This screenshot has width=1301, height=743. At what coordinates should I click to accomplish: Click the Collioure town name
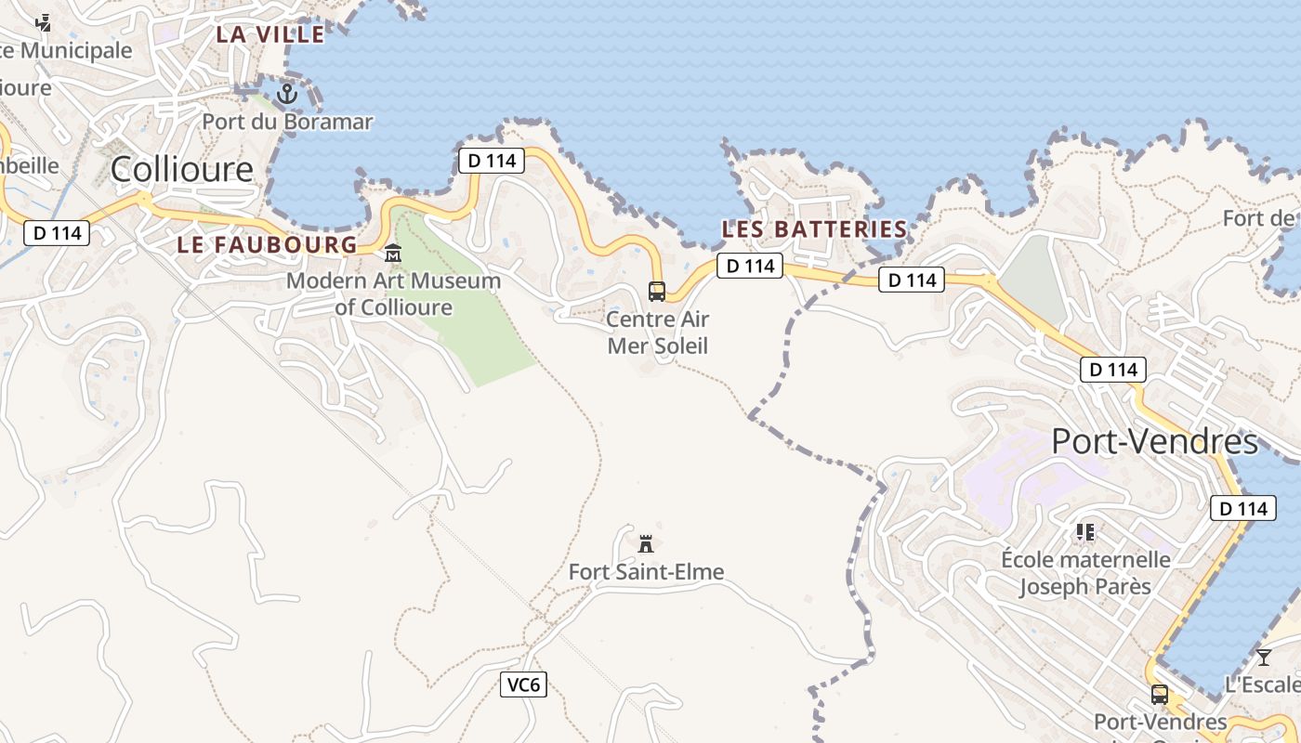(x=181, y=169)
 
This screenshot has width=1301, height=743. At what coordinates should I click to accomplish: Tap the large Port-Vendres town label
(x=1154, y=441)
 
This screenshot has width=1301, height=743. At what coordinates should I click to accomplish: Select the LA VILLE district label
(x=270, y=34)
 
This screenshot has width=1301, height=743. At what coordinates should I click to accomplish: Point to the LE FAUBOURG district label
(x=267, y=245)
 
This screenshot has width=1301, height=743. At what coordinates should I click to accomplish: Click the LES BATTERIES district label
(x=814, y=228)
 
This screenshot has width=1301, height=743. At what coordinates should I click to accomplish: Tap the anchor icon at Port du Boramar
(x=287, y=93)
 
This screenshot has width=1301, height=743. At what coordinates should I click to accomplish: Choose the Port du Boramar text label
(x=287, y=122)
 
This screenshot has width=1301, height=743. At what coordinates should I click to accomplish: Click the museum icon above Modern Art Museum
(x=393, y=253)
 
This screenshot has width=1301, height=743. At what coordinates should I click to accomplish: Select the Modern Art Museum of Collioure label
(x=393, y=293)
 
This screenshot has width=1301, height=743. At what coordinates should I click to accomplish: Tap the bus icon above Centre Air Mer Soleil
(x=657, y=292)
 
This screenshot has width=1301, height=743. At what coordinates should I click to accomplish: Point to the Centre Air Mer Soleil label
(x=657, y=332)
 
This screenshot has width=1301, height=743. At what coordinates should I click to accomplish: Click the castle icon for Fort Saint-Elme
(x=646, y=543)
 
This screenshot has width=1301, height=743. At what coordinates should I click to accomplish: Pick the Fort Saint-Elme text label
(x=646, y=572)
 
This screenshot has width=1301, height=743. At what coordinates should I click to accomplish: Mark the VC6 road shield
(x=523, y=685)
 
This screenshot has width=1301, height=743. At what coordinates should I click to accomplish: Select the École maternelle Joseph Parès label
(x=1085, y=573)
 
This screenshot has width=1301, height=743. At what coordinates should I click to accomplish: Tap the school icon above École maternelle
(x=1085, y=532)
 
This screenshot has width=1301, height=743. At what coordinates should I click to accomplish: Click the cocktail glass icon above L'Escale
(x=1264, y=658)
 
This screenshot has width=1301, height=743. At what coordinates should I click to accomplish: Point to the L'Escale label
(x=1262, y=685)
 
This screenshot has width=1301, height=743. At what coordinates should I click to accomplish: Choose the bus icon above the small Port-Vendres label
(x=1160, y=694)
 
